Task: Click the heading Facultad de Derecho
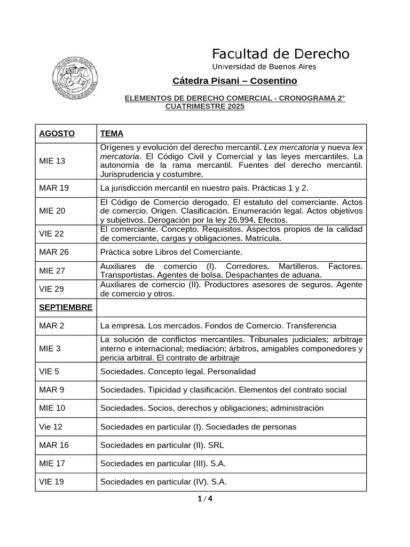281,54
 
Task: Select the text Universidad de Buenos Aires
264,67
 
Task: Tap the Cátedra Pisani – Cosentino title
234,81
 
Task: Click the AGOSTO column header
57,134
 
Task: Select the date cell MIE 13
52,161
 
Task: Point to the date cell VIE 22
52,233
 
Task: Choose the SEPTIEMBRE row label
66,307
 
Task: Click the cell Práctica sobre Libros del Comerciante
171,252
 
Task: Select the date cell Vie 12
51,426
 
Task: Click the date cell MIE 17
52,463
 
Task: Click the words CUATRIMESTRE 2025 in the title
204,107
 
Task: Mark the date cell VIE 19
52,481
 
